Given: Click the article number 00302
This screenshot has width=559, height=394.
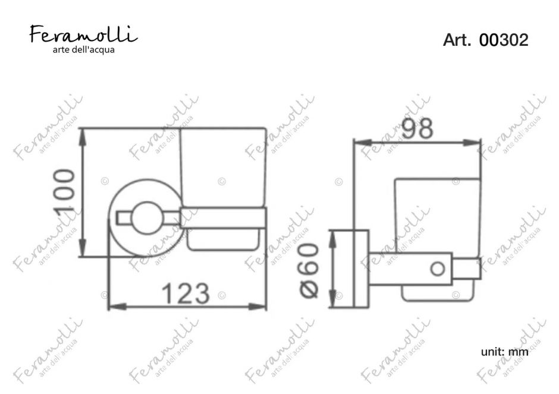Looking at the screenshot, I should coord(504,40).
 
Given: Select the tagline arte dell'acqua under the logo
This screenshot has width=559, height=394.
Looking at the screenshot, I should coord(84,49).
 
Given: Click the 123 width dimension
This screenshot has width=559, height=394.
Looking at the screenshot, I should coord(186,293).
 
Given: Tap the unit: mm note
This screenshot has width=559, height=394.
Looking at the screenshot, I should coord(504,352).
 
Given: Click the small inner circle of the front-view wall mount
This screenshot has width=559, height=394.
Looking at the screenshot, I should coord(143,217).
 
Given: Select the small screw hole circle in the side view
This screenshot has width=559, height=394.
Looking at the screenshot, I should coord(438,269).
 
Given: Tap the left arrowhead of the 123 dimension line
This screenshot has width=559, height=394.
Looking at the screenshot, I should coord(113,307).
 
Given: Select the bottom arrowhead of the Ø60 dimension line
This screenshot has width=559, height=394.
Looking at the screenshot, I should coord(334,302).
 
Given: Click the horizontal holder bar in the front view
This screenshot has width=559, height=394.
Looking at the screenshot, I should coord(223,218).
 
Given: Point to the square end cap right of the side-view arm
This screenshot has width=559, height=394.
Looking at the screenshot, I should coord(467,269).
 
